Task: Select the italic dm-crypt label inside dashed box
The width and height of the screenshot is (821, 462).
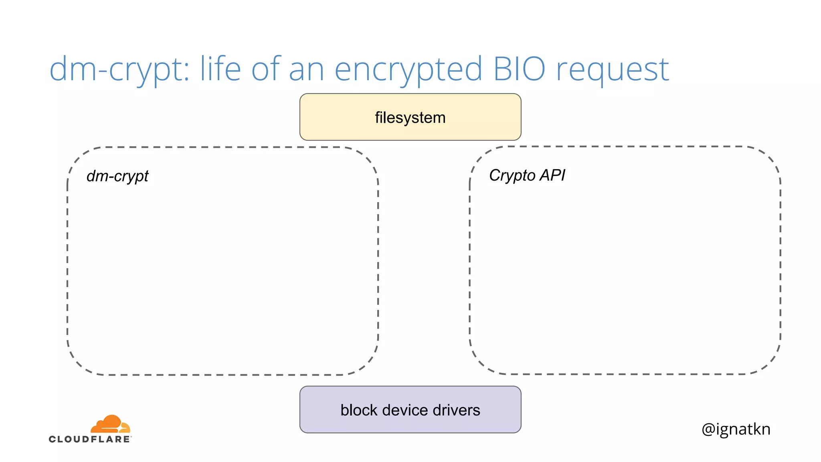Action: [117, 176]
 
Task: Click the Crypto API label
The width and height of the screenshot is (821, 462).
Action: [527, 175]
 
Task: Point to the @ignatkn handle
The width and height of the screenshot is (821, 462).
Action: [736, 429]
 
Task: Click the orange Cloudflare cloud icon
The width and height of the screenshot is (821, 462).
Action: [110, 424]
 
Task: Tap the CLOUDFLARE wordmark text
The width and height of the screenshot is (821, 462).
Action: [90, 439]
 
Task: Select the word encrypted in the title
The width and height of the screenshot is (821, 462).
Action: [408, 69]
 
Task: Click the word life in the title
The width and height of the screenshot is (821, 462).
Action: [220, 69]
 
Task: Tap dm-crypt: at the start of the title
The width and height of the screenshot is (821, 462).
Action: [119, 69]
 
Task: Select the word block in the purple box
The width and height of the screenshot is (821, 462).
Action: [359, 410]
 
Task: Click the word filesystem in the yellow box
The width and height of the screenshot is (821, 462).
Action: [410, 118]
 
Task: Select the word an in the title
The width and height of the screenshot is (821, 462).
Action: [306, 69]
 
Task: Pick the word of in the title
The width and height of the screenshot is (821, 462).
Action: [266, 69]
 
